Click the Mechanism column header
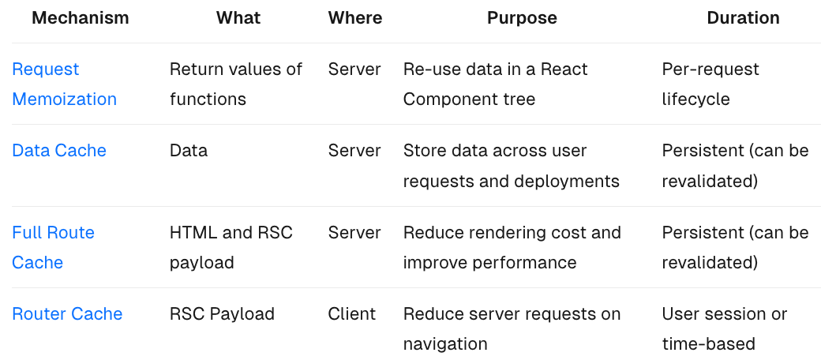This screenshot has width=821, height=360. pyautogui.click(x=80, y=18)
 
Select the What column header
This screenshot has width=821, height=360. pyautogui.click(x=238, y=18)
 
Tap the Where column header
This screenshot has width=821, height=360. pyautogui.click(x=355, y=18)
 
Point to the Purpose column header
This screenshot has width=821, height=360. pyautogui.click(x=522, y=18)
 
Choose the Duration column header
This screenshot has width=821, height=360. pyautogui.click(x=743, y=18)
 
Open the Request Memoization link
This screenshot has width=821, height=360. pyautogui.click(x=65, y=84)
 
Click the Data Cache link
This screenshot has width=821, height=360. pyautogui.click(x=59, y=151)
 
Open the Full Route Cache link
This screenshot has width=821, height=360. pyautogui.click(x=53, y=247)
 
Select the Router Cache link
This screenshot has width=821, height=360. pyautogui.click(x=67, y=314)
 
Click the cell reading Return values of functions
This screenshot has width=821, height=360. pyautogui.click(x=236, y=84)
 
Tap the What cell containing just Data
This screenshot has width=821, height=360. pyautogui.click(x=189, y=151)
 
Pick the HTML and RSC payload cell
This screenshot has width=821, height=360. pyautogui.click(x=231, y=247)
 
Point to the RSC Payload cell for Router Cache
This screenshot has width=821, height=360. pyautogui.click(x=222, y=314)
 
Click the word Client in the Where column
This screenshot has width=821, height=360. pyautogui.click(x=352, y=314)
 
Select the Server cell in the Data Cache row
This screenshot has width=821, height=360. pyautogui.click(x=354, y=151)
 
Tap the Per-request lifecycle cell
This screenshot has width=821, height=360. pyautogui.click(x=710, y=84)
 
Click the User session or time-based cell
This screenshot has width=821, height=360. pyautogui.click(x=725, y=328)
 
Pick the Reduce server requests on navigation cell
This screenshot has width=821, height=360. pyautogui.click(x=512, y=328)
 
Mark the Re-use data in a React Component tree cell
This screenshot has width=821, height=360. pyautogui.click(x=495, y=84)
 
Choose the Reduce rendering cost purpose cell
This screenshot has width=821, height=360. pyautogui.click(x=512, y=247)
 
